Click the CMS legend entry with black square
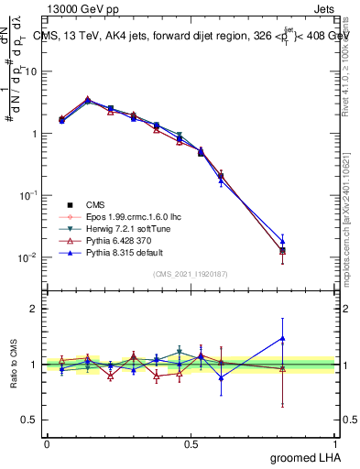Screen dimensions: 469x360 [95, 203]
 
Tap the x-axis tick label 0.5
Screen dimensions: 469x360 [191, 442]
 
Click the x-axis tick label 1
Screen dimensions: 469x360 [335, 442]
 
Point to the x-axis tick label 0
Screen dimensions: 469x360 [47, 442]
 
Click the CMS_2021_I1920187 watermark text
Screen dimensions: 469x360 [190, 273]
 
